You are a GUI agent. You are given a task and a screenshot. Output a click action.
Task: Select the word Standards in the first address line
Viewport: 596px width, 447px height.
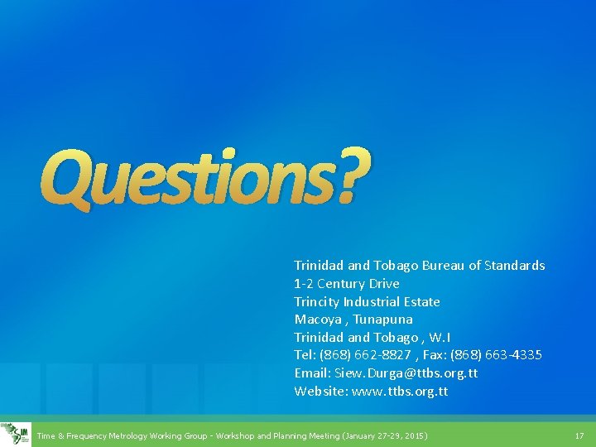[x=515, y=266]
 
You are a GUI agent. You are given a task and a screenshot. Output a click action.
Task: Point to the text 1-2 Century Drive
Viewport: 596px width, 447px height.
[x=347, y=284]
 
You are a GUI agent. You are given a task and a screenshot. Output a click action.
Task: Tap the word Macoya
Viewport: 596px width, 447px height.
[x=317, y=320]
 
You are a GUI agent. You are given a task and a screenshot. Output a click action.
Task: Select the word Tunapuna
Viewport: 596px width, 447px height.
[x=383, y=320]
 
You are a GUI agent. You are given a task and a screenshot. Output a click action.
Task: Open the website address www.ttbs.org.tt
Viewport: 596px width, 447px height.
[x=400, y=392]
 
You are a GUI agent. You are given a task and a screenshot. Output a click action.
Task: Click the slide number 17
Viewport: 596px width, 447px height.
[x=579, y=435]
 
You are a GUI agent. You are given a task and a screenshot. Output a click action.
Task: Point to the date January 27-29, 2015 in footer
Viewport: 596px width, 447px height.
[x=386, y=435]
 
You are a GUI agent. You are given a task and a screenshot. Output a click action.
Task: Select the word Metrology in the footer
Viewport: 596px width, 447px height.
[x=125, y=435]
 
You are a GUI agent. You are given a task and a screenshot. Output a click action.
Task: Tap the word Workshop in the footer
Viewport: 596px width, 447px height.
[x=232, y=435]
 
